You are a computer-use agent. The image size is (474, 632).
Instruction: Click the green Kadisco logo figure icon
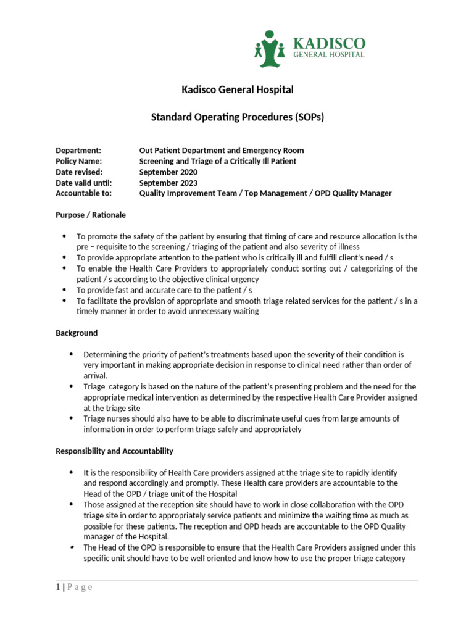pos(270,49)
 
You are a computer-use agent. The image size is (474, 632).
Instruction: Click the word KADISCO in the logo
pos(328,43)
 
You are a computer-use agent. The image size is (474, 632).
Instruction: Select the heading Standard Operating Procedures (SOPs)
pos(238,117)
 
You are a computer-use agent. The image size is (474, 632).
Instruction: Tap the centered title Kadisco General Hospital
pos(238,90)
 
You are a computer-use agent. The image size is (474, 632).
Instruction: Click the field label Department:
pos(78,151)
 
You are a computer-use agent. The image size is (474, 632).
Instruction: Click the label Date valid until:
pos(83,183)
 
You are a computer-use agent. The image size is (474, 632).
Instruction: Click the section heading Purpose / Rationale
pos(91,215)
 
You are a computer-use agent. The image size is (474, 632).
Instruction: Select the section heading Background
pos(77,333)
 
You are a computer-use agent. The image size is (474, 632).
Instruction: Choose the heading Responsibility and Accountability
pos(114,451)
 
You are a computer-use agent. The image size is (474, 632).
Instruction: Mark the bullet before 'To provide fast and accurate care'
pos(65,290)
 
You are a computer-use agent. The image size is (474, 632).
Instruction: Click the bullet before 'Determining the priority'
pos(71,354)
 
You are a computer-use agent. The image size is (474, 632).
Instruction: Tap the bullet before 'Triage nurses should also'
pos(71,418)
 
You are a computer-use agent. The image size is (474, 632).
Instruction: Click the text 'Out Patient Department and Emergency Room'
pos(222,151)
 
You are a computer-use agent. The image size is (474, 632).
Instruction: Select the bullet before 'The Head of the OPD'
pos(71,547)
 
